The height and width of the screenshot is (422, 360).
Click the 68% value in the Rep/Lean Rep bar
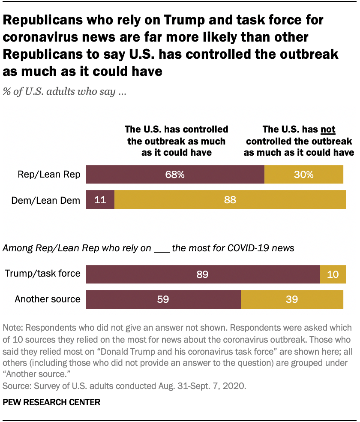click(175, 175)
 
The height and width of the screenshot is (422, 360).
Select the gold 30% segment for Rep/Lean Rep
click(304, 175)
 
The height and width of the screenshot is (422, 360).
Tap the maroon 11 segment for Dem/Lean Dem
click(100, 199)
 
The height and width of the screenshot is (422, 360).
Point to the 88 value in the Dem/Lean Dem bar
click(230, 199)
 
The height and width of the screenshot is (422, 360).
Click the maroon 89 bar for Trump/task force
click(202, 274)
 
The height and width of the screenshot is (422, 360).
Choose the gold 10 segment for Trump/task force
click(333, 274)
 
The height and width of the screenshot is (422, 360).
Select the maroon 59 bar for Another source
click(163, 299)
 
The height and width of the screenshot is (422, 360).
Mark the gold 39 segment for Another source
click(292, 299)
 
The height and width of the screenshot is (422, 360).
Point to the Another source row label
click(48, 299)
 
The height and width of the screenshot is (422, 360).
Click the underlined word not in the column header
click(328, 130)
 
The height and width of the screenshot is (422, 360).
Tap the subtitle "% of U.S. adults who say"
click(64, 92)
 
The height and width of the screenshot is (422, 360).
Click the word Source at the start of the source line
click(14, 386)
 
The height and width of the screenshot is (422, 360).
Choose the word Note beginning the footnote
click(13, 328)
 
